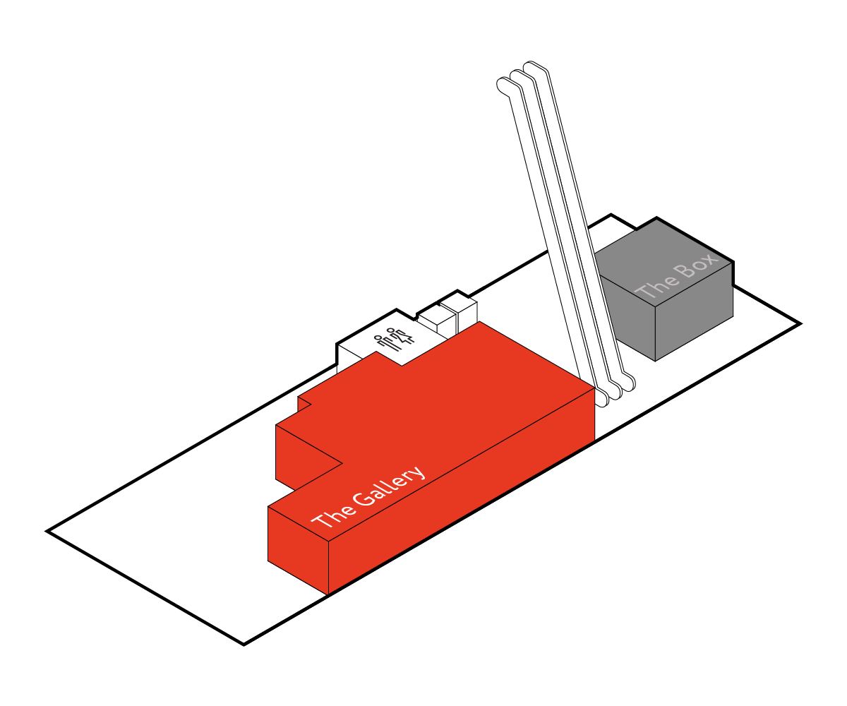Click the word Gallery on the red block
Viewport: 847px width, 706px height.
tap(389, 486)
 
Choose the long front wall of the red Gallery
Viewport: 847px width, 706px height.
tap(461, 491)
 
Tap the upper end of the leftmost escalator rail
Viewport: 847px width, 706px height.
tap(503, 85)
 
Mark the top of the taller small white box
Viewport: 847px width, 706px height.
tap(458, 305)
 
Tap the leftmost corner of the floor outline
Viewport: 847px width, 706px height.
tap(47, 531)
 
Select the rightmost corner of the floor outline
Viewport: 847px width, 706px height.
tap(800, 324)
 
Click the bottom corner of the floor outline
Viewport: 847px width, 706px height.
tap(244, 645)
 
